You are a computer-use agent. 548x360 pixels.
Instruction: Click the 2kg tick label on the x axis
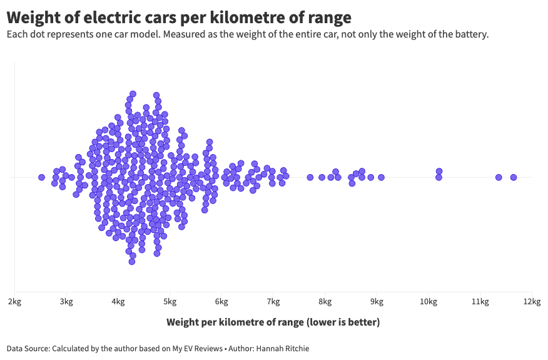point(14,302)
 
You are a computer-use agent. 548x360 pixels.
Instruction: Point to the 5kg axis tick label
point(170,302)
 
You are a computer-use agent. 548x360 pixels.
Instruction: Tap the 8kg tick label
point(325,302)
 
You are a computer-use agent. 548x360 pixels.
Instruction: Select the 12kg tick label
point(531,302)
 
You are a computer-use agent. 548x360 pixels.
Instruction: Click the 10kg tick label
point(428,302)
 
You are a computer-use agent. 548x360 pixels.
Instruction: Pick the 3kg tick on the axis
point(66,302)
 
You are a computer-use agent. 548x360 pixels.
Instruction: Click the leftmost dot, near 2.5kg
point(41,177)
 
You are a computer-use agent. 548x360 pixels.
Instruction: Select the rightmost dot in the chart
point(514,177)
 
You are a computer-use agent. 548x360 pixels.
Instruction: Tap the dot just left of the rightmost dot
point(499,177)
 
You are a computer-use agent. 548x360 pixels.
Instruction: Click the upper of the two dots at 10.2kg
point(439,171)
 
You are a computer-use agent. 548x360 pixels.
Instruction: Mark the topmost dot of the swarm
point(133,94)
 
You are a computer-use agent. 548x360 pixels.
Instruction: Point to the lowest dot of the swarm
point(132,261)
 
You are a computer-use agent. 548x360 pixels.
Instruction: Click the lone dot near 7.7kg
point(310,177)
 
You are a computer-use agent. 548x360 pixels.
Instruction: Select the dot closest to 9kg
point(381,177)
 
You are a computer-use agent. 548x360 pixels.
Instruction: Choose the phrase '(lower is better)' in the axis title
point(343,322)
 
